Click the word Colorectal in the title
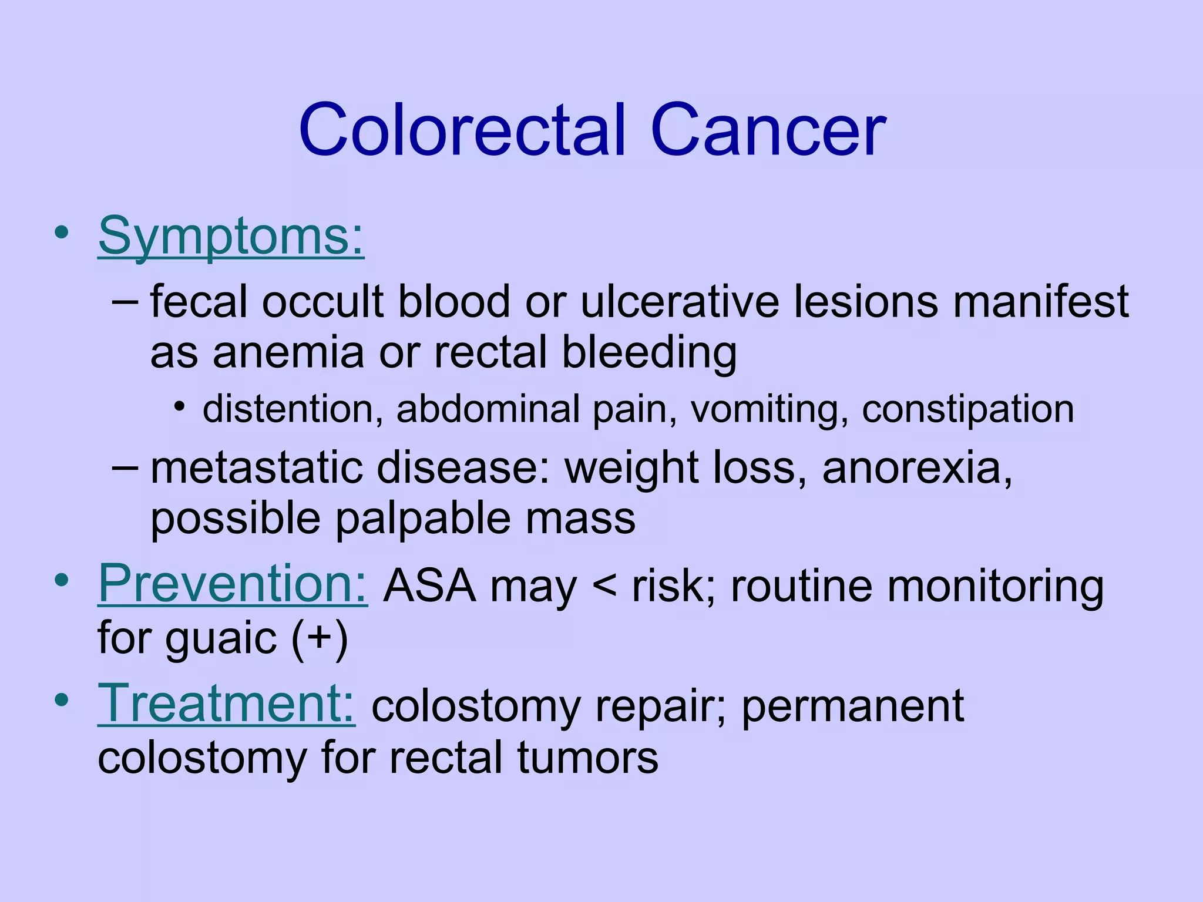tap(462, 130)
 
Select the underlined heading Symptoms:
tap(231, 236)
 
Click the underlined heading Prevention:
tap(233, 584)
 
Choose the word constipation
tap(967, 409)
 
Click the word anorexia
tap(917, 468)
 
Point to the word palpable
tap(422, 519)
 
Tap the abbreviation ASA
tap(429, 586)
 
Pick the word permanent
tap(852, 707)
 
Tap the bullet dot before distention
tap(180, 406)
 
